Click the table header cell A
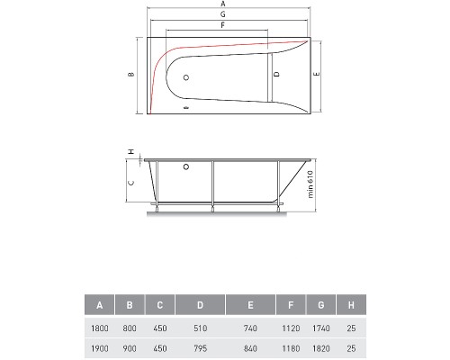(99, 305)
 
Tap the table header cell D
(199, 305)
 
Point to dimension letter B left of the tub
(130, 75)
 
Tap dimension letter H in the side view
(130, 151)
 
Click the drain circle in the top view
(185, 78)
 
